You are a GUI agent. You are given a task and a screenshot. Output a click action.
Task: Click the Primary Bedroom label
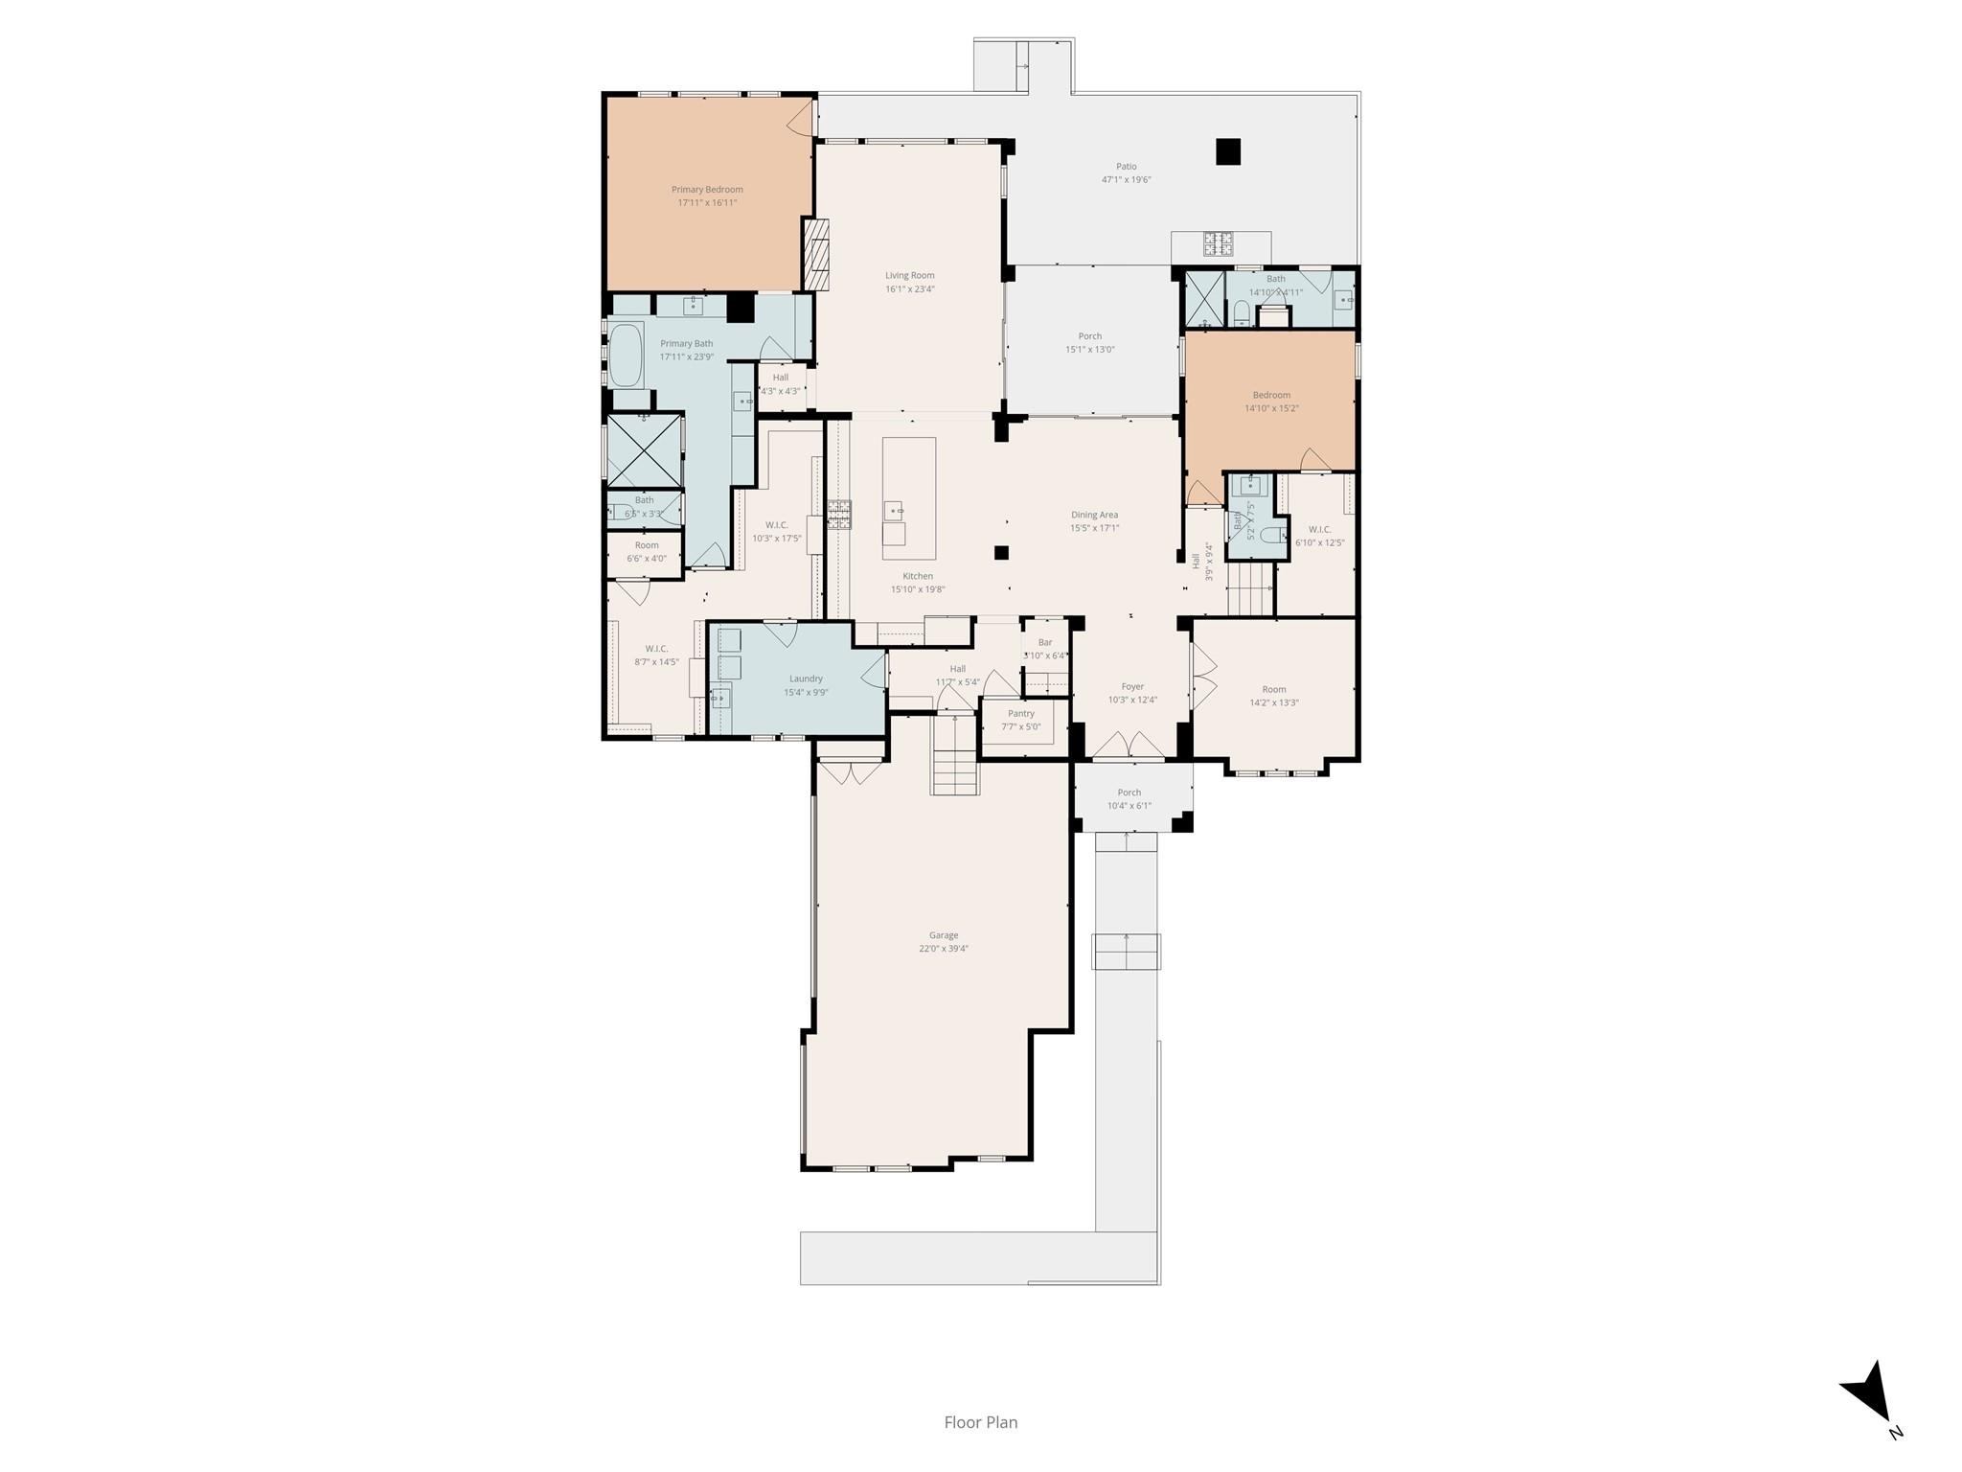[x=707, y=190]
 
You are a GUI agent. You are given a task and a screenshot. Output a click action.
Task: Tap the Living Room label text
[x=909, y=276]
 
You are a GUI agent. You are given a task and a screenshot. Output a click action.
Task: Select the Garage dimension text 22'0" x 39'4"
[x=943, y=949]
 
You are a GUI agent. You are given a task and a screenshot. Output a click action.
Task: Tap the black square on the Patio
[x=1227, y=151]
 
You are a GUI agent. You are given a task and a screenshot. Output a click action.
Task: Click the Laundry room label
[x=806, y=678]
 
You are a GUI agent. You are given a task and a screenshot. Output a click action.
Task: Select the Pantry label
[x=1020, y=713]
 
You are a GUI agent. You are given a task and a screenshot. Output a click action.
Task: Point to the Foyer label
[x=1132, y=686]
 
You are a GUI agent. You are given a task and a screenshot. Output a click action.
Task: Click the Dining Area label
[x=1094, y=515]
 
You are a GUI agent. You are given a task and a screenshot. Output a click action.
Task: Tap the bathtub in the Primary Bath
[x=628, y=356]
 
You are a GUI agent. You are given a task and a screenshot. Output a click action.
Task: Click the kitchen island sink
[x=894, y=509]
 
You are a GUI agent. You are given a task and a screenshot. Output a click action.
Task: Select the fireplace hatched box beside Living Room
[x=815, y=254]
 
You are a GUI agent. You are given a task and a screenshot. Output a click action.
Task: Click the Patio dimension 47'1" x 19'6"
[x=1126, y=179]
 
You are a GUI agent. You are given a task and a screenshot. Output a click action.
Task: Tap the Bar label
[x=1044, y=642]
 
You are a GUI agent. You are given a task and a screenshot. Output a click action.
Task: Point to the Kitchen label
[x=917, y=576]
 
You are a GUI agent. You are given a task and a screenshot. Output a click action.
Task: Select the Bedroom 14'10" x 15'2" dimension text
[x=1271, y=408]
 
